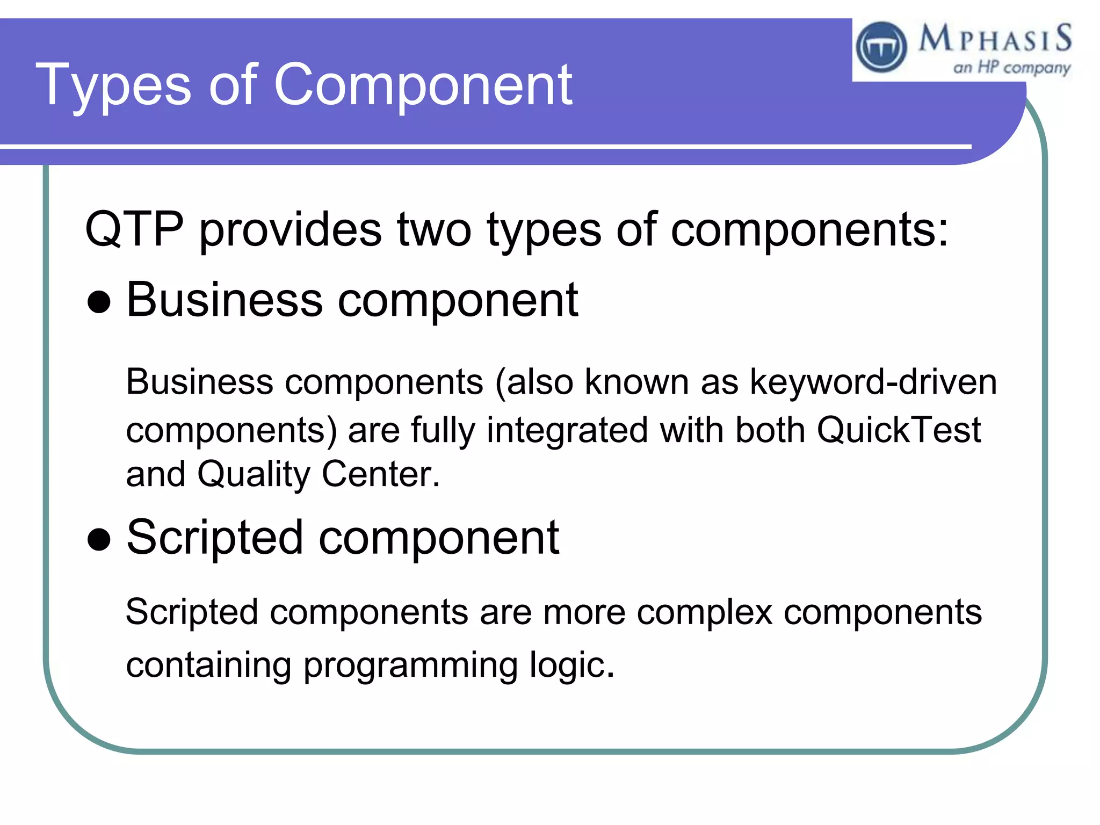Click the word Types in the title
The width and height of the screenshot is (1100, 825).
[113, 84]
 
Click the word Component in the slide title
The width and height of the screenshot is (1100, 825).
[423, 84]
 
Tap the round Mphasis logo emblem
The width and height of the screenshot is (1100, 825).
[881, 47]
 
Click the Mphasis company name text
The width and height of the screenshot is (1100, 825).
[995, 39]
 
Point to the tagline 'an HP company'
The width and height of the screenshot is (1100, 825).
[1011, 68]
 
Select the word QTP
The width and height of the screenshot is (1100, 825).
[134, 229]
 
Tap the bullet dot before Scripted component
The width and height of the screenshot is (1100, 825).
[99, 540]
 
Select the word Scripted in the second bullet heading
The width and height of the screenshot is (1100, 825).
[215, 538]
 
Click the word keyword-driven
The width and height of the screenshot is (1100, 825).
[873, 382]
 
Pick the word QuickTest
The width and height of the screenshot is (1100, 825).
[899, 430]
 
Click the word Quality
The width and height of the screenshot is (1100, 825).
[254, 474]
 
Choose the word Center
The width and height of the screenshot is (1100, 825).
[380, 474]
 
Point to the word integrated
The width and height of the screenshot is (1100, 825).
[567, 430]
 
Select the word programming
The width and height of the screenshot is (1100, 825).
[410, 665]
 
